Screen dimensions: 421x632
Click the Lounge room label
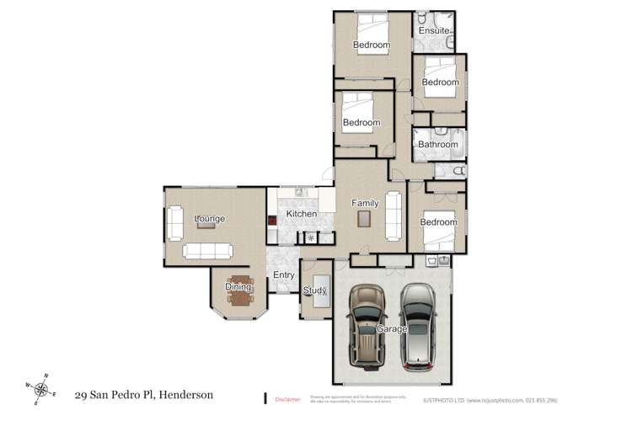[x=210, y=219]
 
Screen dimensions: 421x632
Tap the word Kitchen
[x=301, y=214]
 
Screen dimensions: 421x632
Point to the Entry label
[x=282, y=275]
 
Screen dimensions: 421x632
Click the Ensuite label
[x=435, y=31]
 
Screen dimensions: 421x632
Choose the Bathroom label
[x=438, y=145]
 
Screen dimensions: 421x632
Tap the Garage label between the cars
[x=392, y=328]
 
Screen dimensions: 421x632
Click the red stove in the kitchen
[x=272, y=222]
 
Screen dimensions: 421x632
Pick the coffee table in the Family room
[x=363, y=220]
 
